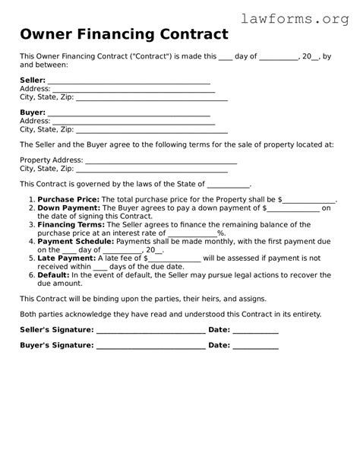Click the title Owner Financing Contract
click(x=124, y=34)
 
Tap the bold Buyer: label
click(x=32, y=113)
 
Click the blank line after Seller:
click(x=128, y=82)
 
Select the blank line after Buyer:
click(x=128, y=114)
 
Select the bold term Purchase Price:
click(x=68, y=199)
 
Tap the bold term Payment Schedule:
click(x=75, y=241)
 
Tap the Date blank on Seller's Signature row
click(x=255, y=331)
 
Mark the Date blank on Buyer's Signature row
click(x=255, y=347)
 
